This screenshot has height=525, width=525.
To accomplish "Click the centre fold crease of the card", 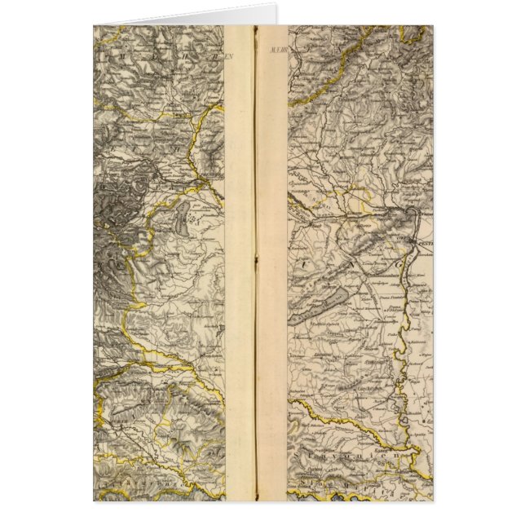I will [x=255, y=261].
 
